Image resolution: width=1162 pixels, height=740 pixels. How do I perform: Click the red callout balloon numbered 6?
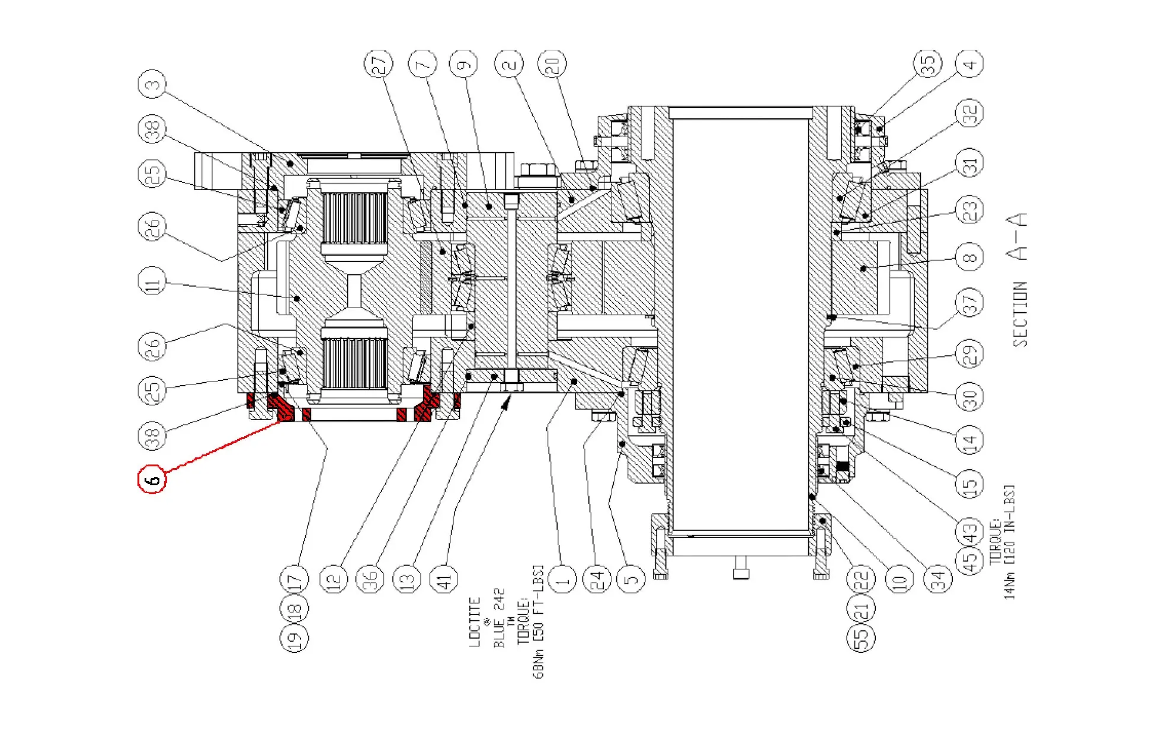(152, 479)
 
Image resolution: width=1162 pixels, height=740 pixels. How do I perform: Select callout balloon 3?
(152, 85)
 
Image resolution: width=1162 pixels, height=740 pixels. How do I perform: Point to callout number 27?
(378, 64)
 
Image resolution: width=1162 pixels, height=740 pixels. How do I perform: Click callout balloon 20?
(552, 64)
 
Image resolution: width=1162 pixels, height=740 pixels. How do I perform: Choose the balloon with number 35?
(927, 64)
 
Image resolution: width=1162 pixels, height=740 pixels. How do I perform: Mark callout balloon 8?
(969, 257)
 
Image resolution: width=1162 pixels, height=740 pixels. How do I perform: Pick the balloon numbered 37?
(969, 304)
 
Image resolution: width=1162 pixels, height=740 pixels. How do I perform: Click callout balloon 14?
(969, 440)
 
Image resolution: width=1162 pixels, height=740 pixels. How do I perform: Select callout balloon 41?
(444, 579)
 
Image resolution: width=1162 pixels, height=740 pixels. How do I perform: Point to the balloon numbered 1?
(562, 579)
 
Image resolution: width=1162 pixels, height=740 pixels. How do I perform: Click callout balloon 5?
(630, 579)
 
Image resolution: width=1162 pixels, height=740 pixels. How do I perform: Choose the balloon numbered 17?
(294, 579)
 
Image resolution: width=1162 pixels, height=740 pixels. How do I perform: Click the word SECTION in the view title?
(1019, 314)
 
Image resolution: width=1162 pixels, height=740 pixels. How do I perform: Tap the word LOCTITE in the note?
(475, 622)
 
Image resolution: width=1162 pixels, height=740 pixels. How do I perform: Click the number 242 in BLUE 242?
(499, 600)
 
